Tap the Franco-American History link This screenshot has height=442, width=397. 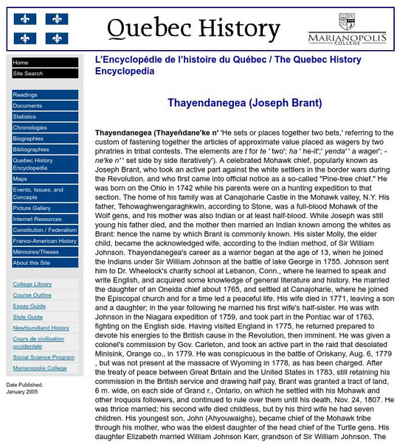click(44, 241)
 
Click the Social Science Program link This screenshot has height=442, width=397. click(43, 357)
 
